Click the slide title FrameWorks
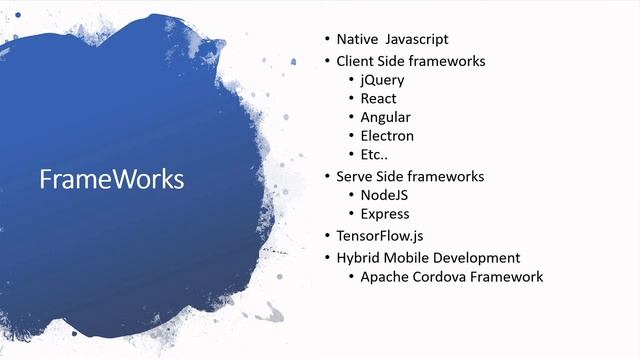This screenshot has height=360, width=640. point(111,179)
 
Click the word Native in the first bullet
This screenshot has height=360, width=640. point(356,40)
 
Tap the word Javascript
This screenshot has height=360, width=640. point(417,40)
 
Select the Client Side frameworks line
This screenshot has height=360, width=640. point(410,61)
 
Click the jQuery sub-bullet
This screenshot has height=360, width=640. point(382,80)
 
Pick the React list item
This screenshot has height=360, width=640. point(378,98)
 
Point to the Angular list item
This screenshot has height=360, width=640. point(385,117)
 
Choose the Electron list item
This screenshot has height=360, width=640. point(387,136)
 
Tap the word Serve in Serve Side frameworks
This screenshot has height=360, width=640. point(355,176)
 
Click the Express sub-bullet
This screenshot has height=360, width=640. point(385,214)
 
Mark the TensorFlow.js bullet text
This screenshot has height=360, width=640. point(385,236)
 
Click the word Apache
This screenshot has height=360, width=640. point(385,276)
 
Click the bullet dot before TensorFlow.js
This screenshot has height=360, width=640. point(326,236)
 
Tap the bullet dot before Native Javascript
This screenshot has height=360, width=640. point(326,40)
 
